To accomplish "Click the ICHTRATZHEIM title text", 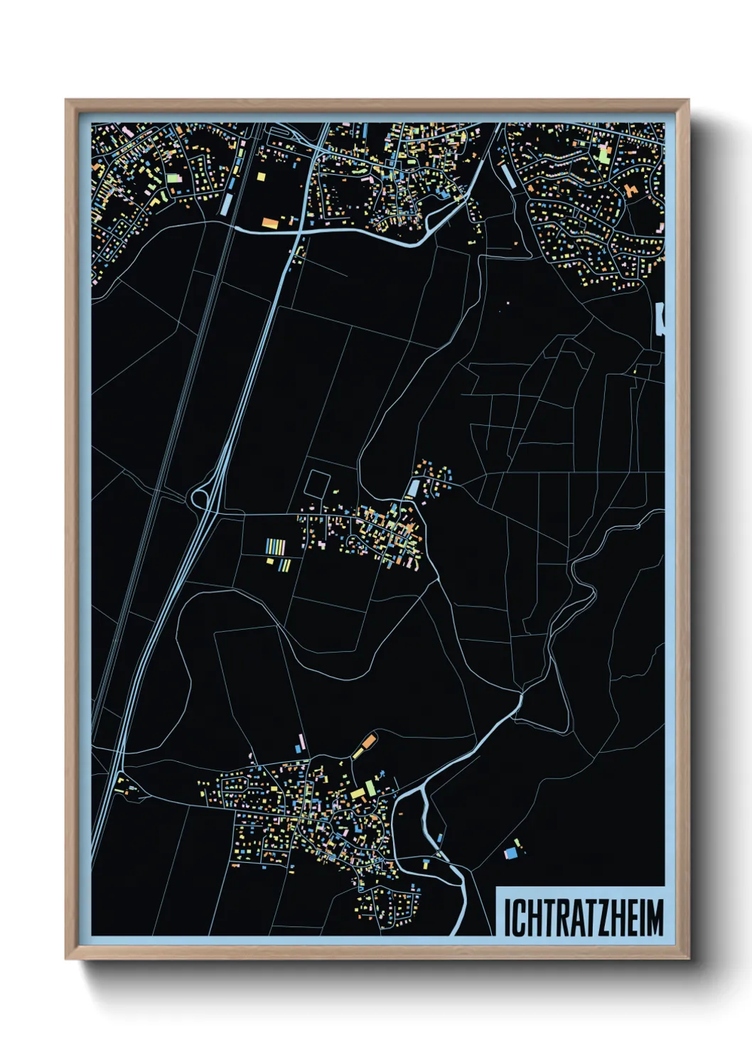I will pos(583,918).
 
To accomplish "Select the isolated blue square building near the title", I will pos(510,853).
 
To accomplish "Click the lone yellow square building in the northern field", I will pos(261,176).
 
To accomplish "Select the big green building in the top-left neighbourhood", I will pos(173,178).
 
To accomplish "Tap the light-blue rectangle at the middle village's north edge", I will pos(413,488).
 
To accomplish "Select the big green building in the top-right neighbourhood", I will pos(603,154).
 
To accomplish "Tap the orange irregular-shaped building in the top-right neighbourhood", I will pos(630,190).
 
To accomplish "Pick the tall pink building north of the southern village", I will pos(301,744).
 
